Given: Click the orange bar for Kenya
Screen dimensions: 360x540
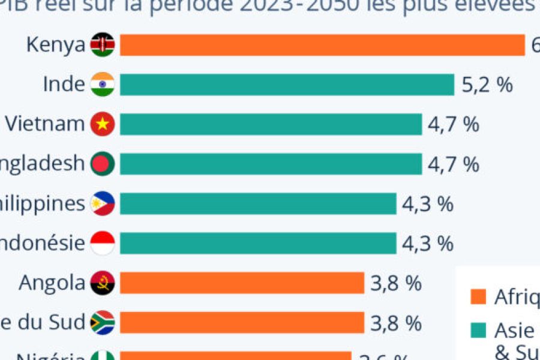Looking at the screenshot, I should pyautogui.click(x=323, y=45).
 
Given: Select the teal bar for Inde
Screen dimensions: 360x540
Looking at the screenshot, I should pyautogui.click(x=287, y=85).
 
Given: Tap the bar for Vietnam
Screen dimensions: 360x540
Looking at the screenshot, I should pyautogui.click(x=271, y=124).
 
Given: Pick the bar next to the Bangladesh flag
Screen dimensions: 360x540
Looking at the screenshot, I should pyautogui.click(x=271, y=164).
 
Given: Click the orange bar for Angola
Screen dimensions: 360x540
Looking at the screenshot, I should pyautogui.click(x=242, y=283).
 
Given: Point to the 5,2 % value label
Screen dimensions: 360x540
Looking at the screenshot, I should pyautogui.click(x=487, y=85).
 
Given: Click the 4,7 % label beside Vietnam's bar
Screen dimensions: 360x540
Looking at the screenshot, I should pyautogui.click(x=454, y=124).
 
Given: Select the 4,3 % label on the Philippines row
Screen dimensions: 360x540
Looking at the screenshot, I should pyautogui.click(x=427, y=204).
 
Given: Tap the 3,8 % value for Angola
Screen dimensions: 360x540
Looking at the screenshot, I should pyautogui.click(x=396, y=283).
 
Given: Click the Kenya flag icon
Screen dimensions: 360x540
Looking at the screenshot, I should pyautogui.click(x=103, y=45).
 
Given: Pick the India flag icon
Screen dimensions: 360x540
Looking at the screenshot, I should pyautogui.click(x=103, y=85).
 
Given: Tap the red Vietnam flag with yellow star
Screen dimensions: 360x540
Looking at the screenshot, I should pyautogui.click(x=103, y=124).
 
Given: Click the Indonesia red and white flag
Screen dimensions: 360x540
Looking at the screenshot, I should pyautogui.click(x=103, y=243).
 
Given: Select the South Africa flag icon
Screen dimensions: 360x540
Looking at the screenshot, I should pyautogui.click(x=103, y=323).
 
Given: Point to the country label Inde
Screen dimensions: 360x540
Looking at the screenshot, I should pyautogui.click(x=64, y=85).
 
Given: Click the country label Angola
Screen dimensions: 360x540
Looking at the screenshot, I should pyautogui.click(x=52, y=283).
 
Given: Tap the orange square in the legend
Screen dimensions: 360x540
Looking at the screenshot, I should pyautogui.click(x=478, y=296).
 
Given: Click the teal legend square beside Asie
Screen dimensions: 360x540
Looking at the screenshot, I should pyautogui.click(x=478, y=330).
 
